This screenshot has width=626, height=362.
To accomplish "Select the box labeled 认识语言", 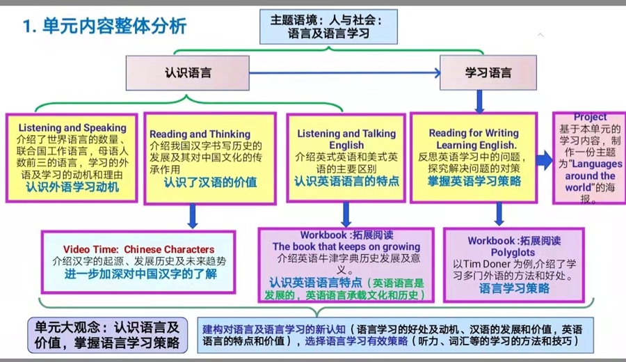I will [188, 72].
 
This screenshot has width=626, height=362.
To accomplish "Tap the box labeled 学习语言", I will [488, 72].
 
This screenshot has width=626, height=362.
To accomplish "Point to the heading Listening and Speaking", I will [72, 128].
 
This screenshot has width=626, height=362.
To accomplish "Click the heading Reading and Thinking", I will [200, 134].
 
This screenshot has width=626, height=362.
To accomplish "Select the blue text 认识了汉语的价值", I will [210, 183].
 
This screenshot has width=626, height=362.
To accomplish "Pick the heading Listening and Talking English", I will [346, 139].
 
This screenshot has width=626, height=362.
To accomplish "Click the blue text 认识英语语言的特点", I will [346, 181].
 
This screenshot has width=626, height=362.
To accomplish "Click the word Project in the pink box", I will [590, 117].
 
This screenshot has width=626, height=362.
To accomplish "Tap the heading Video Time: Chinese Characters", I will [138, 249].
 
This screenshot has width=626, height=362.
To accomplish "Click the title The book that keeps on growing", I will [346, 246].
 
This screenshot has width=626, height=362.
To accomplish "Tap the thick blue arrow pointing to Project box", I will [544, 160].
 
